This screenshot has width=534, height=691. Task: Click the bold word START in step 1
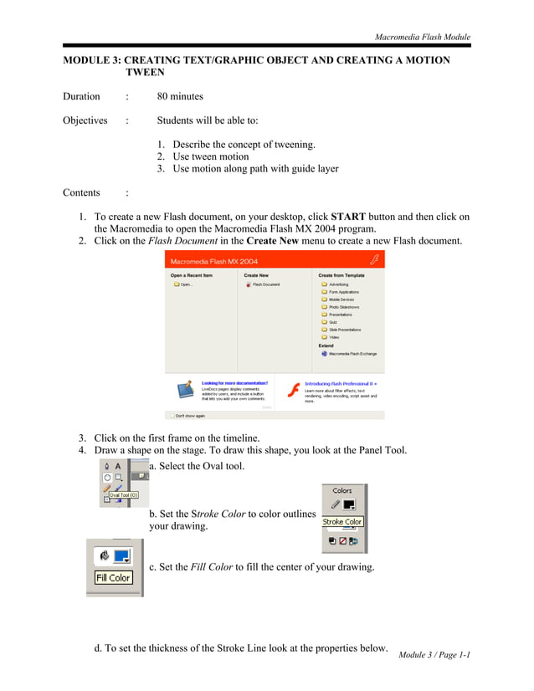tap(348, 216)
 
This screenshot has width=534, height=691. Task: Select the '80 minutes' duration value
tap(180, 96)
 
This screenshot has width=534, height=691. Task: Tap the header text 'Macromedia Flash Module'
tap(422, 37)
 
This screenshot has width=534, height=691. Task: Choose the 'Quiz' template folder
tap(332, 322)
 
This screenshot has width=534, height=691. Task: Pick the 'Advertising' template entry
tap(338, 284)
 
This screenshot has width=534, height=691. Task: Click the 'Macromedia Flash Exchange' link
tap(352, 354)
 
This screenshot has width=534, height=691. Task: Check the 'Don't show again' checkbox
tap(172, 415)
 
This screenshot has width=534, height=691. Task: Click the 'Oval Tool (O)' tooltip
tap(123, 495)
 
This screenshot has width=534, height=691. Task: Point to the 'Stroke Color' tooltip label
tap(342, 521)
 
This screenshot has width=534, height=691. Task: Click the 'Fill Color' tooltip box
tap(113, 577)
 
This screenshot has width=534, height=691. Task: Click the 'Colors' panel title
tap(342, 491)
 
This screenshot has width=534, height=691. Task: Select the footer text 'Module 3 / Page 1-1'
tap(434, 654)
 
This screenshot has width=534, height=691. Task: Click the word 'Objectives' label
tap(85, 120)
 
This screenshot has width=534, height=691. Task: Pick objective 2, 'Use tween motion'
tap(210, 156)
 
